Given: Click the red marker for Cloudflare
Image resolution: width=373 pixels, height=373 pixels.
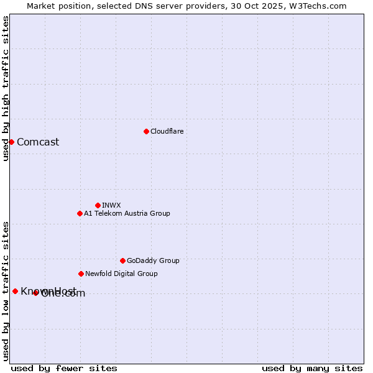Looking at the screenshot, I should click(x=146, y=131).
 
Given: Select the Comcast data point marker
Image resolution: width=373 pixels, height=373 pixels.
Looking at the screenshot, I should click(x=11, y=142).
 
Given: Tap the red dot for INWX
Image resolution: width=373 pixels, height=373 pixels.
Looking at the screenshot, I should click(x=98, y=205).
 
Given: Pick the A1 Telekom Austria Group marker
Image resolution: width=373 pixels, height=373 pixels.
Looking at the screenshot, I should click(x=80, y=213).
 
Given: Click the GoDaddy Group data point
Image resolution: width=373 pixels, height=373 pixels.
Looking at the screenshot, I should click(x=122, y=260).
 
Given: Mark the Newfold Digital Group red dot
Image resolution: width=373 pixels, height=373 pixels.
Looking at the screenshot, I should click(x=81, y=274).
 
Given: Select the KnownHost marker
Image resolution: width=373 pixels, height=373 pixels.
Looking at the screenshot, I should click(x=15, y=291).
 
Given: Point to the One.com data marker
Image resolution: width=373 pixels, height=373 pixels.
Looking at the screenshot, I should click(x=35, y=293).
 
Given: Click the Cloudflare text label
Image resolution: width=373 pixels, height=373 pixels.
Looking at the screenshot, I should click(x=167, y=131).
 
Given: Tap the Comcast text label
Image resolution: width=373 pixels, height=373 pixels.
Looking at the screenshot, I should click(x=38, y=142).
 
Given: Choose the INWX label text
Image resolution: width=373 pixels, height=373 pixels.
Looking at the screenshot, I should click(x=111, y=205).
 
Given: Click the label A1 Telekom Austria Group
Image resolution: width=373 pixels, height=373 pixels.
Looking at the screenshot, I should click(x=127, y=213).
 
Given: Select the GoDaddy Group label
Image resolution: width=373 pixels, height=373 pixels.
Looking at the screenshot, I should click(x=153, y=260).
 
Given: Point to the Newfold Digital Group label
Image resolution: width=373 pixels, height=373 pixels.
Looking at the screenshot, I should click(x=121, y=274).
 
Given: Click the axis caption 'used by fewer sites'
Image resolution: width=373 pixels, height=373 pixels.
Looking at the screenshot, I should click(x=64, y=368).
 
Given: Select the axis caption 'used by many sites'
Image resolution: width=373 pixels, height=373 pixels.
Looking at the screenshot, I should click(x=312, y=368).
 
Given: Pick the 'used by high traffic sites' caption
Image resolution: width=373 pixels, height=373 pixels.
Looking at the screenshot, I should click(x=6, y=88).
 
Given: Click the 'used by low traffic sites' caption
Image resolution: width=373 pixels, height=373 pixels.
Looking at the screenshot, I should click(x=6, y=291).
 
